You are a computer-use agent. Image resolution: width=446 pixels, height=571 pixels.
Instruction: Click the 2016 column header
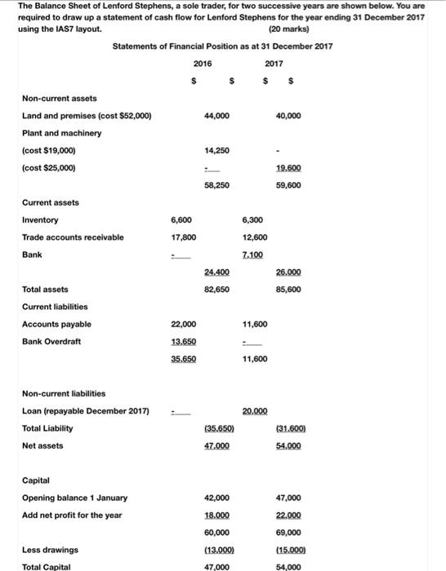click(203, 63)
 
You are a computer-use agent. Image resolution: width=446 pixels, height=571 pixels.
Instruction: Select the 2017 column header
click(274, 63)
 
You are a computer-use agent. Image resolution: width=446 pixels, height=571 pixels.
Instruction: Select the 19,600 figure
click(288, 168)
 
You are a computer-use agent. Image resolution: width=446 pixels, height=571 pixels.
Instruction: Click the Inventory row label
click(40, 220)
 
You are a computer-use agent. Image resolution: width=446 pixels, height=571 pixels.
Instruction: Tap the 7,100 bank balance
click(253, 255)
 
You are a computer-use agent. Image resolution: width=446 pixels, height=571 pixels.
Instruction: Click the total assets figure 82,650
click(217, 289)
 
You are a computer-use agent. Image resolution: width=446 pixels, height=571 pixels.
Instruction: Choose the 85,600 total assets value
click(288, 289)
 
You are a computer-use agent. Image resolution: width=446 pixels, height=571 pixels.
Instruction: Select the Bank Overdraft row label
click(51, 341)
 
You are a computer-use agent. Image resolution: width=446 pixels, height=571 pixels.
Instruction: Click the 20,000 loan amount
click(253, 410)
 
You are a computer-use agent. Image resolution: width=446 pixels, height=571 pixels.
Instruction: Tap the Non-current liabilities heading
click(63, 393)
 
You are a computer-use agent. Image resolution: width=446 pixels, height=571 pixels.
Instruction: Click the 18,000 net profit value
click(217, 515)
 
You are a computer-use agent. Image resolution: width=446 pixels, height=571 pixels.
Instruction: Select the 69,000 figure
click(288, 532)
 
